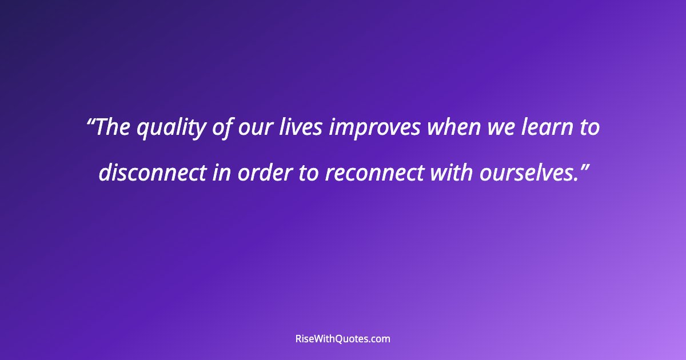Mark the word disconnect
point(151,173)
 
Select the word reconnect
point(376,173)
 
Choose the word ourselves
point(527,173)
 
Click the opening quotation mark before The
point(91,122)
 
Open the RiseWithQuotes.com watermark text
point(342,339)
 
